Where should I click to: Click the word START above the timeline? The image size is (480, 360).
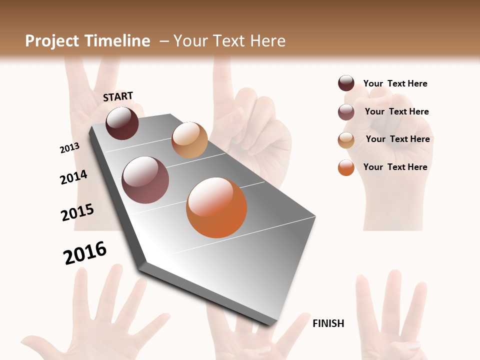(118, 96)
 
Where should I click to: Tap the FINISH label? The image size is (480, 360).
(328, 323)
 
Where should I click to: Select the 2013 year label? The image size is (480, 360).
(69, 147)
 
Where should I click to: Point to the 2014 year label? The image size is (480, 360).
(73, 177)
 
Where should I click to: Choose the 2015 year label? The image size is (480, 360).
(77, 212)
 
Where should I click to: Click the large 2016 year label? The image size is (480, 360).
(85, 253)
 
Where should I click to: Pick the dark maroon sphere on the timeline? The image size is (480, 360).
(122, 123)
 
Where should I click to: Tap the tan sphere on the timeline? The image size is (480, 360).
(189, 140)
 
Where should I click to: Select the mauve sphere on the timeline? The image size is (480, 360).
(145, 180)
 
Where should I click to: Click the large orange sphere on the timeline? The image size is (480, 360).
(216, 207)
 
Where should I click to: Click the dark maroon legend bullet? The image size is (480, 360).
(346, 83)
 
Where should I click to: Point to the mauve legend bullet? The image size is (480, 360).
(346, 112)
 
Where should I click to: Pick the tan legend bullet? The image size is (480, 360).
(346, 140)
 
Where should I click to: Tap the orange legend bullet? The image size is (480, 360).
(346, 167)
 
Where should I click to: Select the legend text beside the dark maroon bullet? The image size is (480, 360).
(395, 83)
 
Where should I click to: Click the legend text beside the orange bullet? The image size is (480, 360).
(395, 167)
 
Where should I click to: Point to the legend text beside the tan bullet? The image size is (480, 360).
(397, 139)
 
